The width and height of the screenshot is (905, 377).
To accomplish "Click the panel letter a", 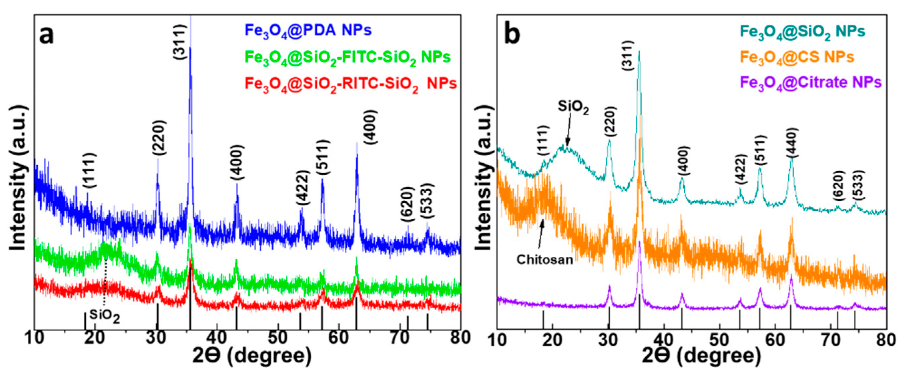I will tap(46, 35).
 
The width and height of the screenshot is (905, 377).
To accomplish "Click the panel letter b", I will tap(512, 35).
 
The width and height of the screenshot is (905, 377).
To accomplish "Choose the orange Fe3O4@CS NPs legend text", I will tap(797, 57).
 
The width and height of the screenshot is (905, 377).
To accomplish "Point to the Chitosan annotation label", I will tap(545, 260).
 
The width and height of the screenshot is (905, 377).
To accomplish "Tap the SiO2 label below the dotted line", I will tap(104, 316).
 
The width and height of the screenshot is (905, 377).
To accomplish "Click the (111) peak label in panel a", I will tap(88, 171).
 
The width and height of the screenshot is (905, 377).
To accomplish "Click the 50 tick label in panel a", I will tap(278, 338).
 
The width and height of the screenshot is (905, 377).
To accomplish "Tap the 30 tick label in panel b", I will tap(608, 340).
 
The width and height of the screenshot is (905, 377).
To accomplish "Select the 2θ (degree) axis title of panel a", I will tap(252, 356).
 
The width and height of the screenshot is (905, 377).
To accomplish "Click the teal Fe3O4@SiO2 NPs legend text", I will tap(803, 32).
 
